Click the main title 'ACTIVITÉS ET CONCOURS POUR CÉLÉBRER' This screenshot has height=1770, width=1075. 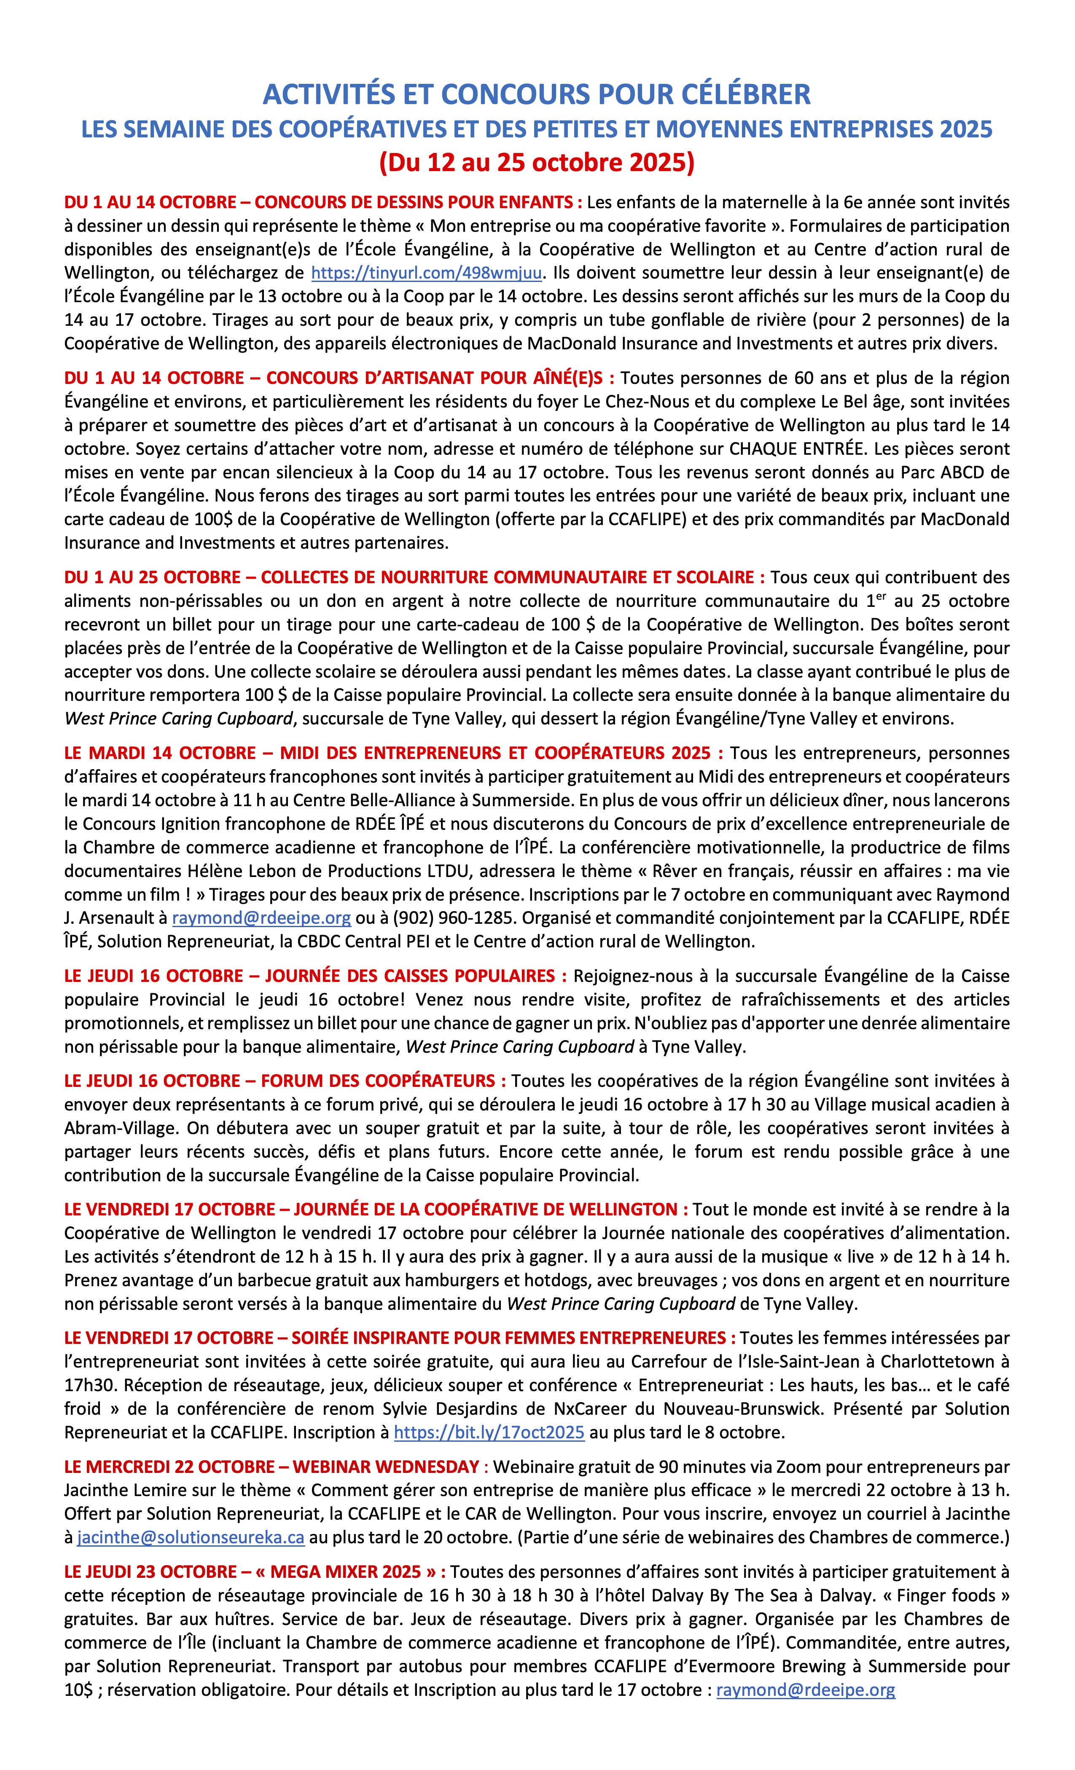click(537, 94)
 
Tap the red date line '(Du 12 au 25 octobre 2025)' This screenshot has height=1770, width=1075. click(537, 162)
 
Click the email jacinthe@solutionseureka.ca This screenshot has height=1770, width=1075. click(191, 1538)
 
